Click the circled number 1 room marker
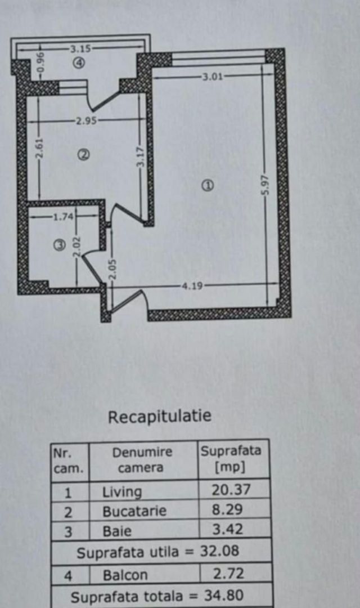208,186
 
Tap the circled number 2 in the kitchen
84,155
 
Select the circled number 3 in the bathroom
59,245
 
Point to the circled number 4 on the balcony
79,62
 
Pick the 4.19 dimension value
192,286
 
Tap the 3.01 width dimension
213,77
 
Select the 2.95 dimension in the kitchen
86,121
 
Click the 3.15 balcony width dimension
80,49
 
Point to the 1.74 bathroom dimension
63,216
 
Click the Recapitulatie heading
160,417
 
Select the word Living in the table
121,492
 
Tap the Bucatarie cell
134,511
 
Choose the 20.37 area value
231,490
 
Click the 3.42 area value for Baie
227,529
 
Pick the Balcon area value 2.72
228,574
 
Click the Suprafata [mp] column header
231,459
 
